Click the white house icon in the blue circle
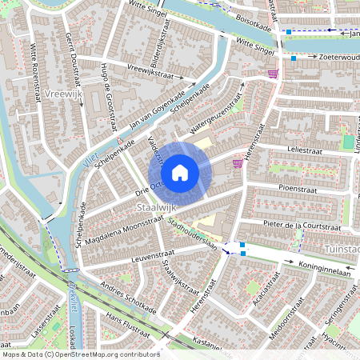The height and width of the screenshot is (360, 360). [180, 172]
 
